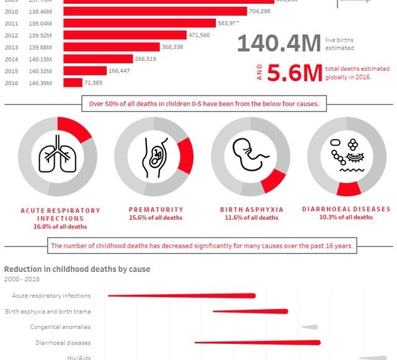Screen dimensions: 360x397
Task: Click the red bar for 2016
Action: [73, 83]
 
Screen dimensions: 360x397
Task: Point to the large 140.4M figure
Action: [279, 44]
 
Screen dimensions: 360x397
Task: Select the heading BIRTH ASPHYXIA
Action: [251, 210]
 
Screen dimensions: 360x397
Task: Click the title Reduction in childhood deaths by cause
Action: [77, 269]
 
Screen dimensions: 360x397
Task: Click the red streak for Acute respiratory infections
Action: [186, 295]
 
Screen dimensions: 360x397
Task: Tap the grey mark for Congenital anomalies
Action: [310, 327]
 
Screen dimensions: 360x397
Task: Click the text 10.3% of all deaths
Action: [346, 217]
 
